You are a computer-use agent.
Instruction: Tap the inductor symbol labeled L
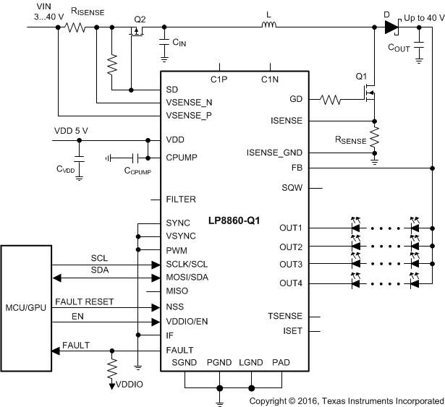(x=268, y=28)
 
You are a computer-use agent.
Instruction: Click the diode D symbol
(x=391, y=28)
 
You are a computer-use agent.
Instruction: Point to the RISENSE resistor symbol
(x=75, y=28)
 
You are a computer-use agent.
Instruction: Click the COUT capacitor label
(x=400, y=48)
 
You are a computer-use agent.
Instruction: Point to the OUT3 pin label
(x=292, y=264)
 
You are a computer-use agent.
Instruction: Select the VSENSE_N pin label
(x=190, y=103)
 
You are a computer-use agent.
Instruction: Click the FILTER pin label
(x=181, y=199)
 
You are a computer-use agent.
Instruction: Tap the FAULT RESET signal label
(x=83, y=301)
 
